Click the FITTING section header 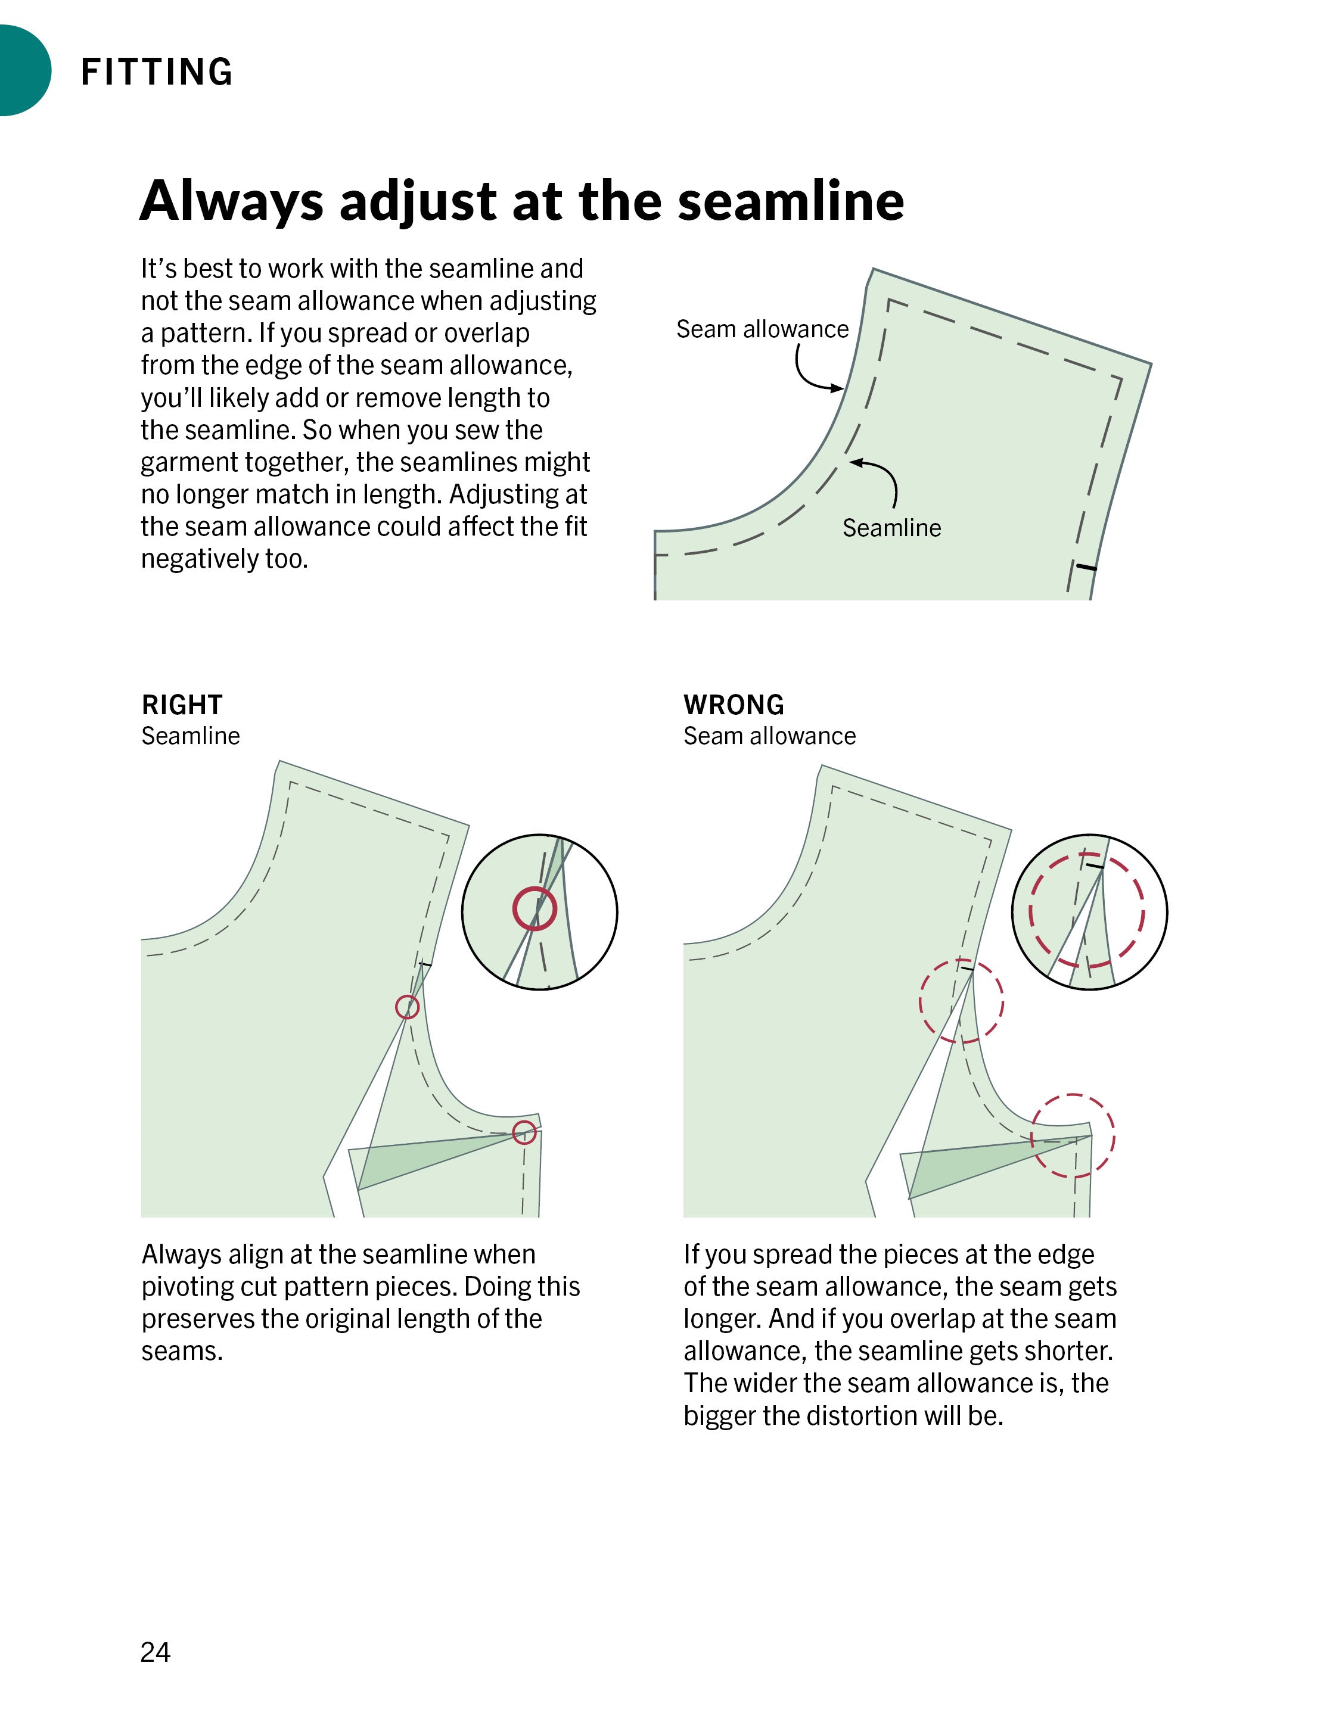[x=157, y=71]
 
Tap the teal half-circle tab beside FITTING [x=24, y=70]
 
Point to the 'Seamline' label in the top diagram [x=891, y=527]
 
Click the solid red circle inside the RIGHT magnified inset [x=535, y=908]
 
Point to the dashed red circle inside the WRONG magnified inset [x=1086, y=910]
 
